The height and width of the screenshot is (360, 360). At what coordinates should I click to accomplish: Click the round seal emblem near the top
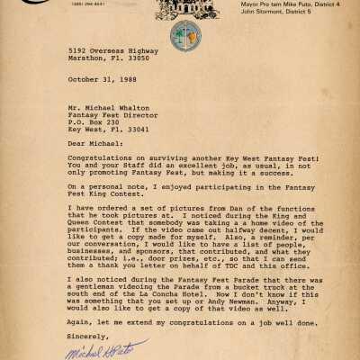[179, 35]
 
